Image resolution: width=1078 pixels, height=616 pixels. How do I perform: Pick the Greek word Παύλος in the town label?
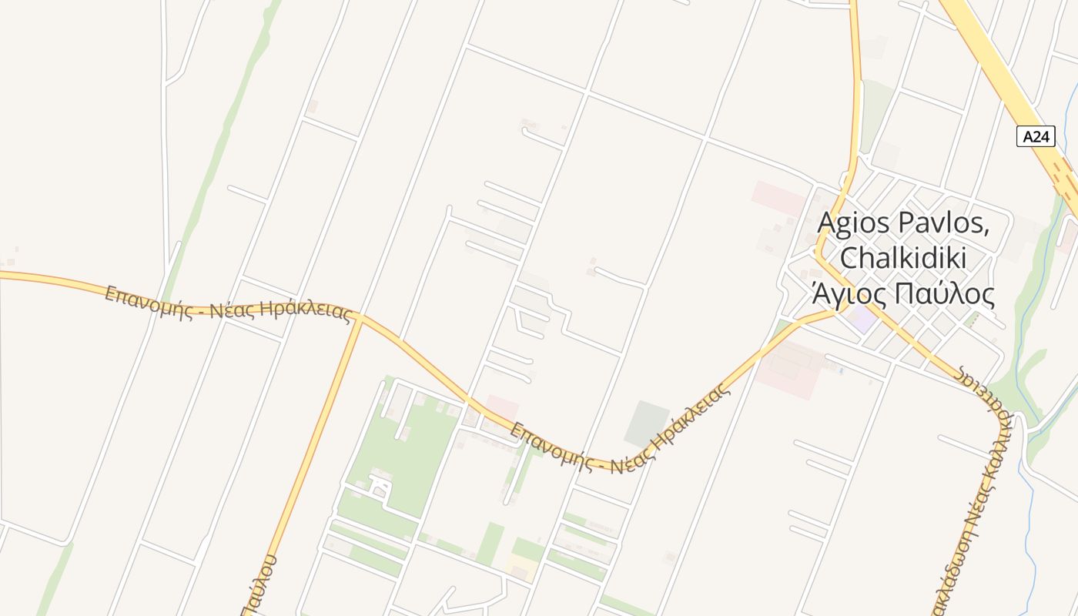pyautogui.click(x=946, y=293)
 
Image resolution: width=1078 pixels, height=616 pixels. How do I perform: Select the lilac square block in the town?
pyautogui.click(x=862, y=319)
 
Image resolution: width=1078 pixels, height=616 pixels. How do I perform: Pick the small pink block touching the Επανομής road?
pyautogui.click(x=501, y=407)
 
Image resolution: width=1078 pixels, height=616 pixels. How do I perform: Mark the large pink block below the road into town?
pyautogui.click(x=789, y=370)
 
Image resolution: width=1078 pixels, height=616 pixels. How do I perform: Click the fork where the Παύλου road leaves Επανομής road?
pyautogui.click(x=359, y=316)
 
